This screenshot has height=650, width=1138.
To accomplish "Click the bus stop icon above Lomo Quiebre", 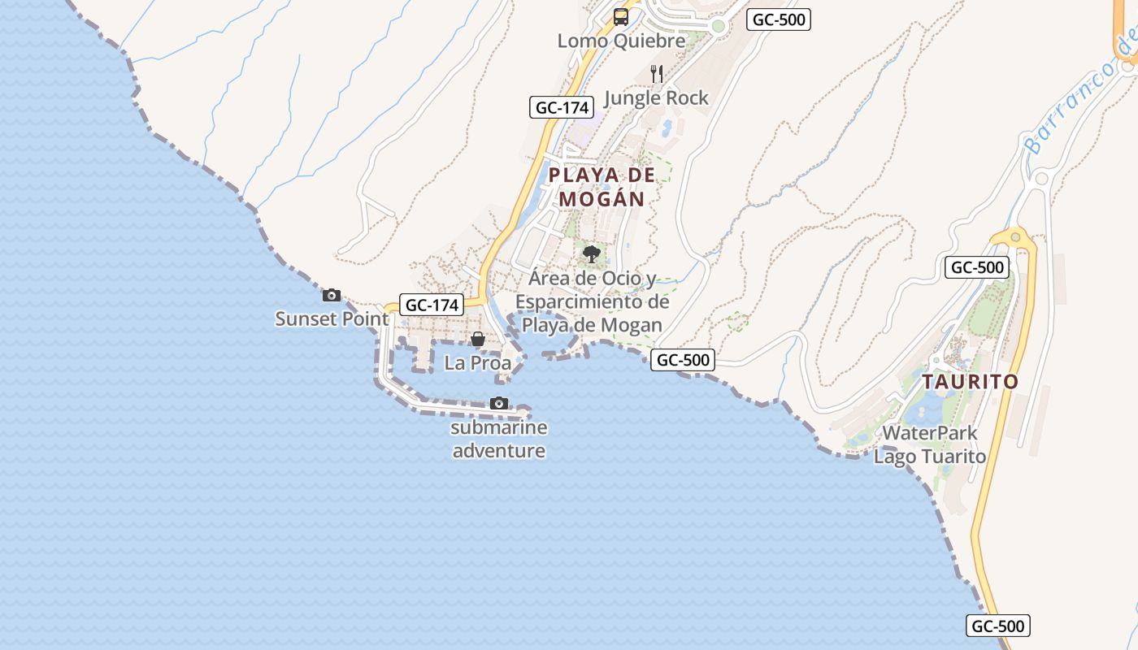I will click(x=621, y=16).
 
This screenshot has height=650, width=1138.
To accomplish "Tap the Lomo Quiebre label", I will click(x=621, y=41).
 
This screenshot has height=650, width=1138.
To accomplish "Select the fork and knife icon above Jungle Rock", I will click(x=657, y=74).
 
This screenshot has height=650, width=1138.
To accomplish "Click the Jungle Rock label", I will click(x=657, y=98).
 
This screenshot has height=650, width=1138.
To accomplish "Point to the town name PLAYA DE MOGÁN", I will click(x=602, y=187).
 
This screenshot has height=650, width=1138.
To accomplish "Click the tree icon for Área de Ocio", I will click(x=592, y=254).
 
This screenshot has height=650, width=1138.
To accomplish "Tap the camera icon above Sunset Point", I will click(x=332, y=295).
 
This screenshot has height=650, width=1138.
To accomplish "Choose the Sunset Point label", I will click(x=332, y=318).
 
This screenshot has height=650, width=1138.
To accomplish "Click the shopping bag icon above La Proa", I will click(x=478, y=339).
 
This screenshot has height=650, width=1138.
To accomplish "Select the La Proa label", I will click(x=478, y=363).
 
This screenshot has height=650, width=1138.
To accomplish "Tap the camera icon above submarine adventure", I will click(x=499, y=403).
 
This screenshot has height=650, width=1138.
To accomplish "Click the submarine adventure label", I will click(x=499, y=439).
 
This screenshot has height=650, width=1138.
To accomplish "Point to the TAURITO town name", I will click(x=970, y=382).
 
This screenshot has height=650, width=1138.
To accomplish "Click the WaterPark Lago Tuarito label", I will click(x=930, y=444).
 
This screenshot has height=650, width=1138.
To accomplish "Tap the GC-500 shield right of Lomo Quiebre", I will click(x=779, y=19).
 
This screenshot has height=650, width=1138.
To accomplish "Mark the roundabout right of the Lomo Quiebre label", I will click(x=718, y=26).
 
